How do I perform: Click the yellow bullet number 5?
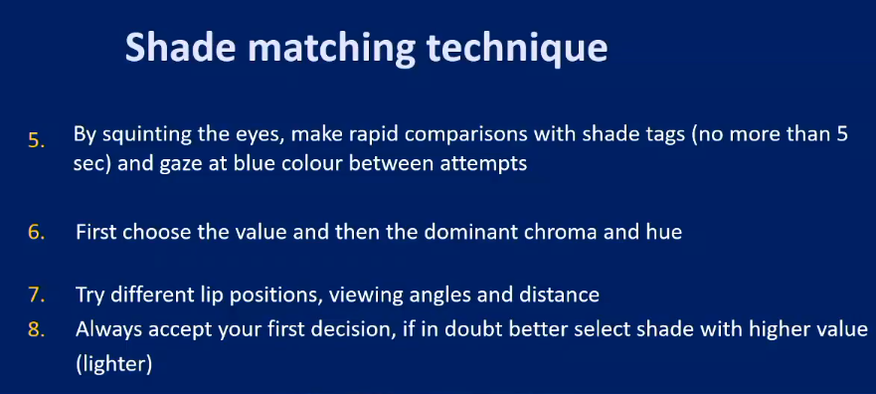(36, 141)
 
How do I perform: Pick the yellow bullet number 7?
(36, 295)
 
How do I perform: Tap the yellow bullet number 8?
(36, 329)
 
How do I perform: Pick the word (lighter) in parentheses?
(113, 364)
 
